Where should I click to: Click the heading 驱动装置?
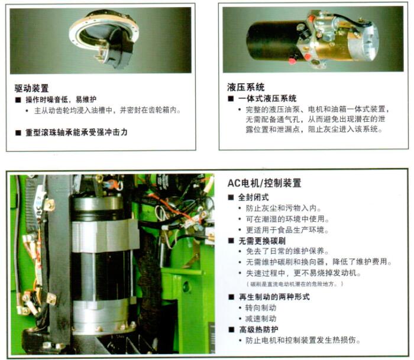[31, 88]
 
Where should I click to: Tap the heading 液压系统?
[245, 87]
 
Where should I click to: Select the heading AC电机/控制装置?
[264, 183]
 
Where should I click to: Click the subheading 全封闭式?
[254, 197]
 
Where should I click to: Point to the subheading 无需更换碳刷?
[262, 241]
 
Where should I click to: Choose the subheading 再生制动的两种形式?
[274, 297]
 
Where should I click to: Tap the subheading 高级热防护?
[258, 329]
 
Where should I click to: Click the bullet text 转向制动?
[261, 308]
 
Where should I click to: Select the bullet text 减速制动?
[261, 319]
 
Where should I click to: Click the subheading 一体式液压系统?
[267, 99]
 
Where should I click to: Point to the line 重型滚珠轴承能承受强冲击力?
[76, 132]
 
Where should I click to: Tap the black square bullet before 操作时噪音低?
[18, 100]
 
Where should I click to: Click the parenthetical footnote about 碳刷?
[295, 284]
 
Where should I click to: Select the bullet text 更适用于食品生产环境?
[287, 230]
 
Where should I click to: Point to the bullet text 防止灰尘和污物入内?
[283, 208]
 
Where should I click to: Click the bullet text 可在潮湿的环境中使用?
[287, 219]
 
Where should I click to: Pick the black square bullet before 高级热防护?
[232, 329]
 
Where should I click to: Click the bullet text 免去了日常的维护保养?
[287, 251]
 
